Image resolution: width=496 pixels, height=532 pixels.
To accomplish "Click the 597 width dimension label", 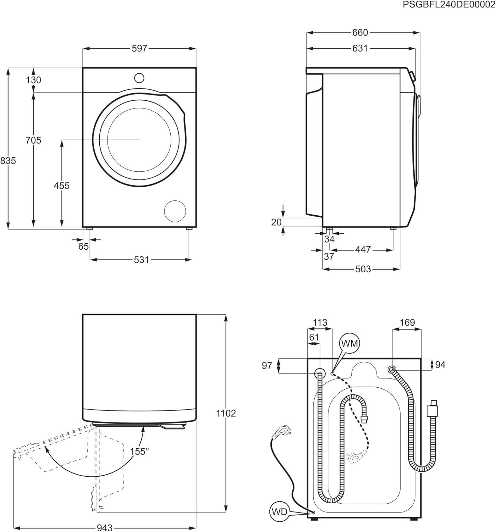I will point(139,49).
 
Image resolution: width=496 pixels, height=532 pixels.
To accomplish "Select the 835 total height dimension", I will point(8,161).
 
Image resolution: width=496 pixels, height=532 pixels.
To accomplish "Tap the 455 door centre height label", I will point(62,185).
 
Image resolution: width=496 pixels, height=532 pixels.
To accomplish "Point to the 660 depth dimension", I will point(360,33).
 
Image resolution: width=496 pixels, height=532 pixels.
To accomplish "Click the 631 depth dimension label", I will point(360,48).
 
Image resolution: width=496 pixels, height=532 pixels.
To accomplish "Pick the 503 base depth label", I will point(363,269).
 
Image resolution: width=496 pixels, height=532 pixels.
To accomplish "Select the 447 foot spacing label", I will point(363,250).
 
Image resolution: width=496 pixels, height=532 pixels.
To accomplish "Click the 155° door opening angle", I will point(139,451).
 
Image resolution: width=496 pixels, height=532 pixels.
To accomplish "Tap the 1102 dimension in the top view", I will point(226,413).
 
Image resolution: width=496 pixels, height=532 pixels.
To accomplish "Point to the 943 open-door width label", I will point(105,528).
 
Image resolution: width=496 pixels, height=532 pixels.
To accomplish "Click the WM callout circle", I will point(349,343).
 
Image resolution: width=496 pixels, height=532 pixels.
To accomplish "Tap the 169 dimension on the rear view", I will point(407,322).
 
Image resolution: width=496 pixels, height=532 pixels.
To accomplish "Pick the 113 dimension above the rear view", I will point(320,322).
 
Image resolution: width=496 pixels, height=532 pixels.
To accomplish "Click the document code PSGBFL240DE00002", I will point(449,5).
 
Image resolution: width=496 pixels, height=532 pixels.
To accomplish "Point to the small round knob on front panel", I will point(139,78).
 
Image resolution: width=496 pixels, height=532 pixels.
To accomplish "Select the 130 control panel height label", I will point(34,80).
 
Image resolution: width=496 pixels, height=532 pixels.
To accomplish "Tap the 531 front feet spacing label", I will point(141,260).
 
